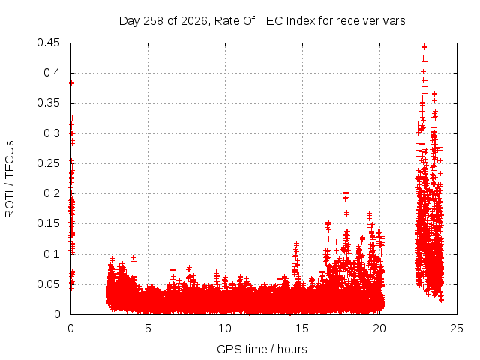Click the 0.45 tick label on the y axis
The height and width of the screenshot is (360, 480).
point(48,43)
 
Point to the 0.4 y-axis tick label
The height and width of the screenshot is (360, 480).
point(52,73)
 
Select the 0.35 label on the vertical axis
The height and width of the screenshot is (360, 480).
point(48,103)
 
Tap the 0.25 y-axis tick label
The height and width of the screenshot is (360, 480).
point(48,163)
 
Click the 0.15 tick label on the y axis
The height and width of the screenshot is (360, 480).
point(48,223)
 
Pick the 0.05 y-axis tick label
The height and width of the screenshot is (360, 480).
point(48,284)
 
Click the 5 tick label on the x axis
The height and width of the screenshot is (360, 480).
point(148,328)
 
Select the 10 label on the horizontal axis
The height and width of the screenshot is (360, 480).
point(225,328)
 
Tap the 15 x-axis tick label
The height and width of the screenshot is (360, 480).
point(302,328)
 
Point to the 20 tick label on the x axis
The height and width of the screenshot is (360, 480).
point(379,328)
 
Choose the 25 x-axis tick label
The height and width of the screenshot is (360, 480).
point(457,328)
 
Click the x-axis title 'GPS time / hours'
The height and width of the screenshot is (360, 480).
point(262,349)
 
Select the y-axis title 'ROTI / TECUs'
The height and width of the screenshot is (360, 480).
point(10,179)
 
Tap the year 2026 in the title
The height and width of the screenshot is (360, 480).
point(194,21)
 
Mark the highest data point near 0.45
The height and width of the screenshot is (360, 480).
point(424,46)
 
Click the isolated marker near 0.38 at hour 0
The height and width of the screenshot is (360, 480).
point(72,82)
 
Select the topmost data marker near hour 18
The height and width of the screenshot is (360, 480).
point(346,193)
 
